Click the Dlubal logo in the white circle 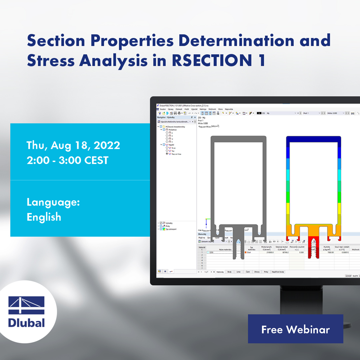[27, 312]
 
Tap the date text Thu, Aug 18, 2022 [73, 145]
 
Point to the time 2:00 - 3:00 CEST [67, 160]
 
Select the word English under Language [44, 217]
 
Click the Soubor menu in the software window [163, 109]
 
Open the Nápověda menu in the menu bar [229, 109]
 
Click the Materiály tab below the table [220, 272]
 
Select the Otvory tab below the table [256, 272]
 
